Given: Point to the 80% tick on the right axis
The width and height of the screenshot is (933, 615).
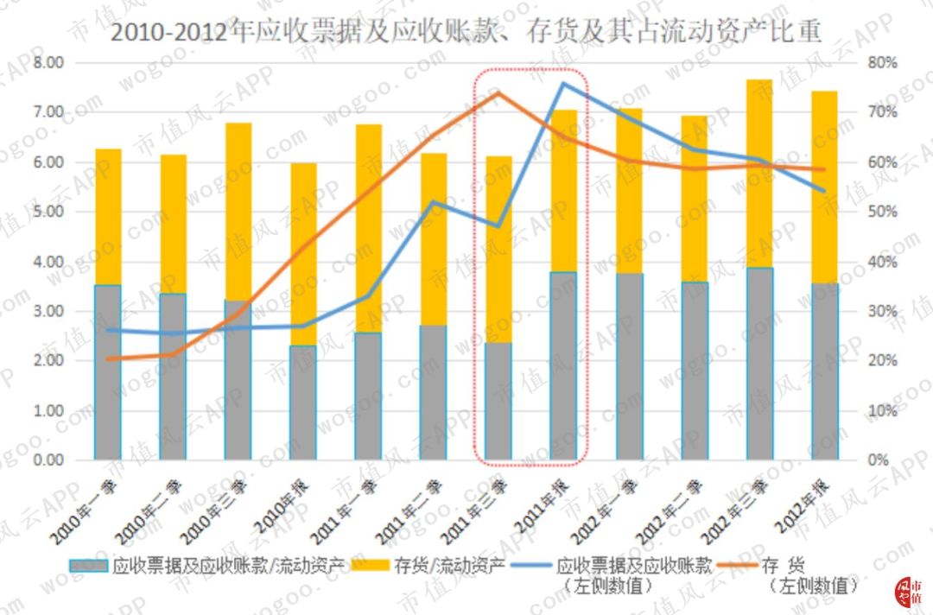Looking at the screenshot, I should click(879, 63).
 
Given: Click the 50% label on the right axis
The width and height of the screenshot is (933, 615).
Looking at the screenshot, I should click(879, 212).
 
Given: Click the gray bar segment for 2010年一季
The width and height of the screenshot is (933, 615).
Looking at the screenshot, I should click(108, 371).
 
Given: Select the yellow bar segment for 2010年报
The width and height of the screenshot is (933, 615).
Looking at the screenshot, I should click(303, 254).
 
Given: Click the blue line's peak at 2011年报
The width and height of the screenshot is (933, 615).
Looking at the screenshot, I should click(563, 83).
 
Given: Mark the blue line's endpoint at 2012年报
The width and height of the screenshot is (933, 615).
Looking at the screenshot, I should click(824, 190).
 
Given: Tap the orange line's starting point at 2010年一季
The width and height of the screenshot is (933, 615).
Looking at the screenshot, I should click(108, 358).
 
